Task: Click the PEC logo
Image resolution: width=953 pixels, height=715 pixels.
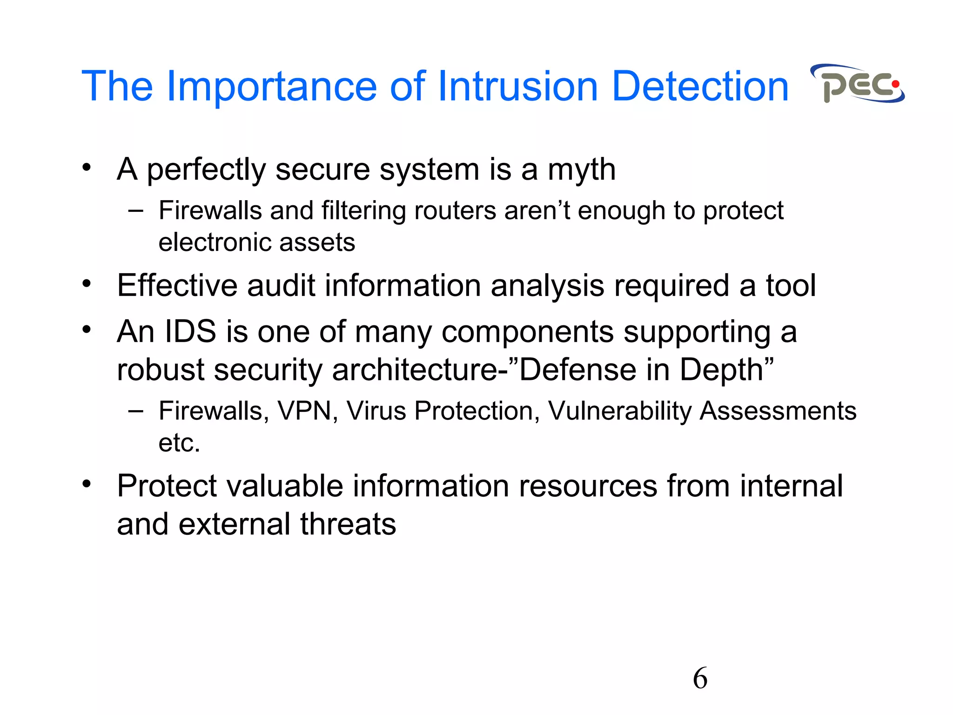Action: click(x=858, y=84)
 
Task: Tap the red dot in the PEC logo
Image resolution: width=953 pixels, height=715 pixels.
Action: click(x=895, y=84)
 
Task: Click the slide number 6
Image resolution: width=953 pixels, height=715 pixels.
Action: click(x=700, y=678)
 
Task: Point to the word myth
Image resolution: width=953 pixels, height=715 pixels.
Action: click(x=582, y=170)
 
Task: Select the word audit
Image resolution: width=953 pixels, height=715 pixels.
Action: click(x=281, y=285)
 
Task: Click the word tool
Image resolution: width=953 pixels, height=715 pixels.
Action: click(x=791, y=285)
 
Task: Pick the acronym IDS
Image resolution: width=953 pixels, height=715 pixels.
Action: click(x=190, y=331)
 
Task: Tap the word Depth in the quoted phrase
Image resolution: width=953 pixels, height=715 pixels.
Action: click(x=721, y=370)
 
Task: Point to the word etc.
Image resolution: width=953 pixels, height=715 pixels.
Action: click(x=179, y=443)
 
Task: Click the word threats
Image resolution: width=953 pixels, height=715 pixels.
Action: click(x=348, y=524)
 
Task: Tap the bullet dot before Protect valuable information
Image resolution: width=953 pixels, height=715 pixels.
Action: click(x=87, y=484)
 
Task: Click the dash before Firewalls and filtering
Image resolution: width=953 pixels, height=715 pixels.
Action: click(x=135, y=211)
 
